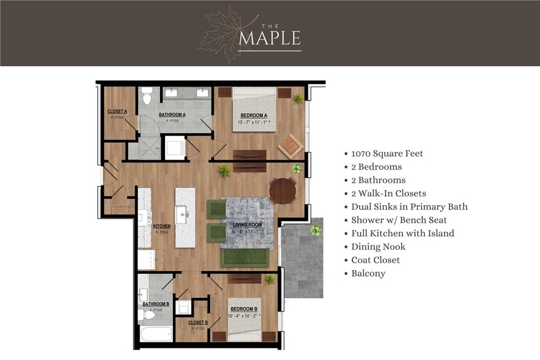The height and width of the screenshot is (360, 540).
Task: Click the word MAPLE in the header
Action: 269,38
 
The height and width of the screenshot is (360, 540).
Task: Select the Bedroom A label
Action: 254,116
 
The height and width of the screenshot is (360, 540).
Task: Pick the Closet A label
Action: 117,111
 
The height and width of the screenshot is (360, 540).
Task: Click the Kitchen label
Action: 161,226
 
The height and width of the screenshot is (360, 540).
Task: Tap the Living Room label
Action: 247,224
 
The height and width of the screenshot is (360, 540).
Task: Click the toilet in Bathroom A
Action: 146,97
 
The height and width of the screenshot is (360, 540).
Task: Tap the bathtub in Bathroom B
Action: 155,334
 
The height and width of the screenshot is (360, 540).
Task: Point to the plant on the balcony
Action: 315,230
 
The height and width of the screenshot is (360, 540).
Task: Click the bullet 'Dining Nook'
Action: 378,246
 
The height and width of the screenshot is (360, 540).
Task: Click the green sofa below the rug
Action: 245,257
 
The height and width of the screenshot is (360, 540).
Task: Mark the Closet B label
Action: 198,323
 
